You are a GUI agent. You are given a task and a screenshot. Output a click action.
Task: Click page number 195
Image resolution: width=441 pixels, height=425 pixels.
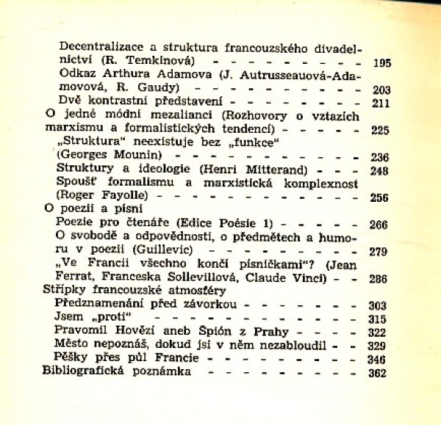[x=381, y=63]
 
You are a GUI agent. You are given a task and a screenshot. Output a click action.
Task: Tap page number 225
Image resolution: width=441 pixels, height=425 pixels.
[x=380, y=131]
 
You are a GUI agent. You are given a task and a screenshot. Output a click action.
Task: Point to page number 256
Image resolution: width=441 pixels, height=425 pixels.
[x=380, y=197]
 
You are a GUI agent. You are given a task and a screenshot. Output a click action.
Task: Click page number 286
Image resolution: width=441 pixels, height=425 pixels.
[x=379, y=280]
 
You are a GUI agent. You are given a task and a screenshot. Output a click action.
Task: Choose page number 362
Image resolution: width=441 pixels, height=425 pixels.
[x=377, y=373]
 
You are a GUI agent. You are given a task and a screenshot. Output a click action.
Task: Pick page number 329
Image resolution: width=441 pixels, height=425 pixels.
[x=377, y=346]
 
